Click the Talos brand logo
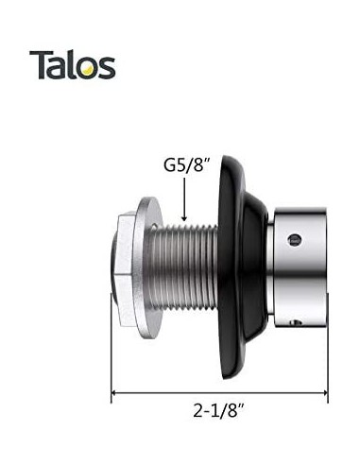click(72, 64)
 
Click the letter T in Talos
click(39, 64)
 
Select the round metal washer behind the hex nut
click(147, 267)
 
